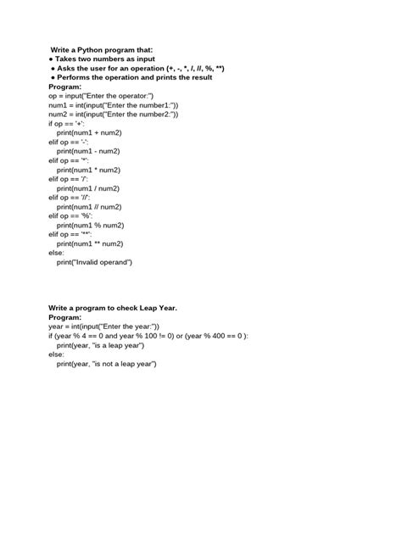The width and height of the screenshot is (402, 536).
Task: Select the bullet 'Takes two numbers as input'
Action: [105, 59]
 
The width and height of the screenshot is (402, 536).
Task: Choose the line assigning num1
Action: [114, 104]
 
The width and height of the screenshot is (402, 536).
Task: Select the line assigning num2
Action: [114, 114]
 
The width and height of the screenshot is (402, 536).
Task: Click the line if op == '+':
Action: [67, 124]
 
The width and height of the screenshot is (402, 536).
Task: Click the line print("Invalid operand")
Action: [94, 262]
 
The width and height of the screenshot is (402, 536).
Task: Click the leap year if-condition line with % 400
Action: [148, 336]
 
